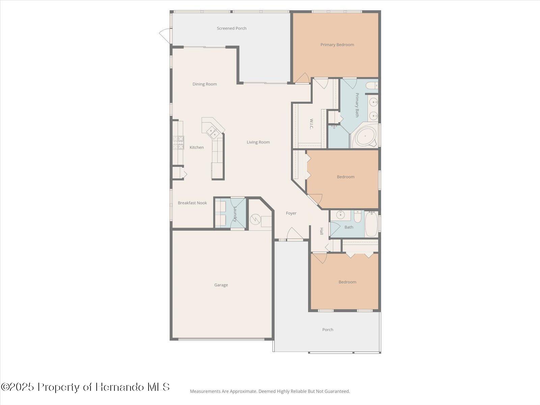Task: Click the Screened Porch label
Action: pos(232,28)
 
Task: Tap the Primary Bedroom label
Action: pos(337,45)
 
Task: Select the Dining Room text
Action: pos(205,84)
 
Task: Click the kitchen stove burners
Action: pos(179,143)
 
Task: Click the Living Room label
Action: pos(258,142)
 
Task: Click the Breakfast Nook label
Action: pos(192,203)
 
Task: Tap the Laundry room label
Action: pos(235,214)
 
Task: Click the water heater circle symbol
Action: pos(255,220)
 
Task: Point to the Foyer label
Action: pos(291,213)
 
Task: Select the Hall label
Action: pos(321,231)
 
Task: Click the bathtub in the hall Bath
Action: pos(372,224)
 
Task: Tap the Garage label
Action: pos(221,285)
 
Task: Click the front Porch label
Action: pos(327,330)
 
